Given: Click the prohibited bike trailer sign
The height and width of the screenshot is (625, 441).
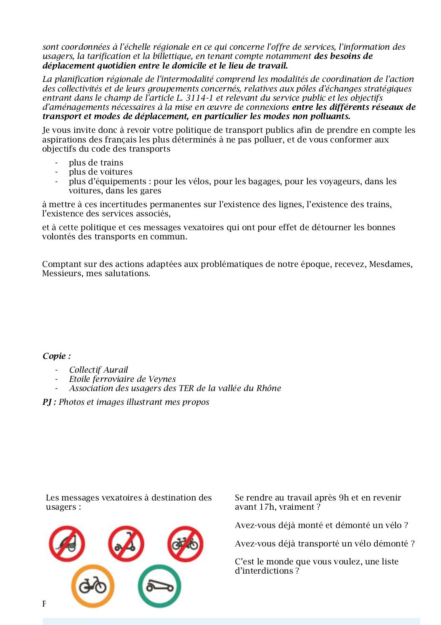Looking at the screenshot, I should pyautogui.click(x=67, y=544).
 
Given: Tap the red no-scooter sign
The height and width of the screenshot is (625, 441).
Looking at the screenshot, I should pyautogui.click(x=126, y=544).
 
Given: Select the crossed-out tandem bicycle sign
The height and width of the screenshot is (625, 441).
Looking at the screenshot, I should pyautogui.click(x=185, y=544).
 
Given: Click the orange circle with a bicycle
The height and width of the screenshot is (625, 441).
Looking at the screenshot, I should pyautogui.click(x=93, y=586).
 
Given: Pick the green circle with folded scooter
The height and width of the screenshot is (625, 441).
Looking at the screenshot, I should pyautogui.click(x=159, y=586).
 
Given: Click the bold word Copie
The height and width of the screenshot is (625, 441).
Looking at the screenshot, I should pyautogui.click(x=54, y=356).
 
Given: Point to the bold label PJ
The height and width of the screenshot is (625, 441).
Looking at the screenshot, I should pyautogui.click(x=48, y=402).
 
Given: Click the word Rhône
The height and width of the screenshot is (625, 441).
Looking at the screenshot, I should pyautogui.click(x=268, y=388).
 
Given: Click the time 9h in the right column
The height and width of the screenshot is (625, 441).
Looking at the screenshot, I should pyautogui.click(x=344, y=498).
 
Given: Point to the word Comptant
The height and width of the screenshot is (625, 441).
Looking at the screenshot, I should pyautogui.click(x=62, y=264).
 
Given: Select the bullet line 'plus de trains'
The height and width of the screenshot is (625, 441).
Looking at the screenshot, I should pyautogui.click(x=96, y=163).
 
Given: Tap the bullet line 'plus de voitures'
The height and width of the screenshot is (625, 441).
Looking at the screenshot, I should pyautogui.click(x=101, y=172).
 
